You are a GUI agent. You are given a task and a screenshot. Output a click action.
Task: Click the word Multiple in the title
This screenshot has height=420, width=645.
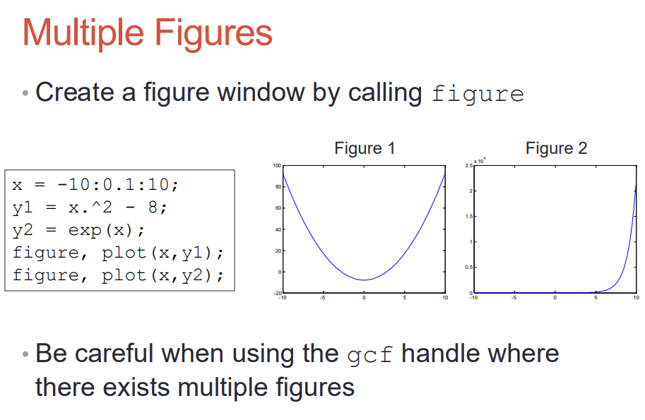[x=83, y=33]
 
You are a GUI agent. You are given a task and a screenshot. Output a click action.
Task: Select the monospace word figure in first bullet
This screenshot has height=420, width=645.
[x=478, y=94]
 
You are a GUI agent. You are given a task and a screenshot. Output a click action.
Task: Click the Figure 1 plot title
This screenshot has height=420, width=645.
[x=365, y=148]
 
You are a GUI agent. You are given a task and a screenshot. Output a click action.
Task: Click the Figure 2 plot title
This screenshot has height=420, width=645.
[x=556, y=148]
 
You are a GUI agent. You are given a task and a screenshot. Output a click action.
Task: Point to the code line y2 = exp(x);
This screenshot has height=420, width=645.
[x=78, y=229]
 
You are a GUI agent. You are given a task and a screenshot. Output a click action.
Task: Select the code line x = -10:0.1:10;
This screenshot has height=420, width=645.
[x=95, y=184]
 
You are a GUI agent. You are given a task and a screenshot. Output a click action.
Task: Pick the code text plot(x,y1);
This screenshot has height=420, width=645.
[x=162, y=253]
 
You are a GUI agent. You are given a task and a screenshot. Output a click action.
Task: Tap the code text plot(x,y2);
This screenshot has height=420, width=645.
[x=162, y=275]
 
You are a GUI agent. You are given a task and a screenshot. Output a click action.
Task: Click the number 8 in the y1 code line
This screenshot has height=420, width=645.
[x=153, y=207]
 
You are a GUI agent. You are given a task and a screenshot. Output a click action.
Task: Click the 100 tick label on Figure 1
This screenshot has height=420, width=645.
[x=276, y=166]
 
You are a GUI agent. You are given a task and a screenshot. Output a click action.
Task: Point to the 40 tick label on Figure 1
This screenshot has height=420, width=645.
[x=278, y=229]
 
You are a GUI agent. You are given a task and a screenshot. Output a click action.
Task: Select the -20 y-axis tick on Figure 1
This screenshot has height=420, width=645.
[x=278, y=293]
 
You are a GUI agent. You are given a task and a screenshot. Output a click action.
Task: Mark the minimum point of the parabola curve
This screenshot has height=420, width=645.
[x=364, y=280]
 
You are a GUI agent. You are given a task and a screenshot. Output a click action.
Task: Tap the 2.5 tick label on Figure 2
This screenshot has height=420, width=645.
[x=468, y=166]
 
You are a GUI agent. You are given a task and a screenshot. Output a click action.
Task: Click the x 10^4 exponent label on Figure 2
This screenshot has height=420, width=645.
[x=480, y=161]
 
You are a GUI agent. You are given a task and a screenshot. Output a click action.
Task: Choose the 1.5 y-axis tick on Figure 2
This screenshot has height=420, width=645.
[x=469, y=216]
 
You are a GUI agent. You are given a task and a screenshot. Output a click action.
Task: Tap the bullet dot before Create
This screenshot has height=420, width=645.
[x=25, y=93]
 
